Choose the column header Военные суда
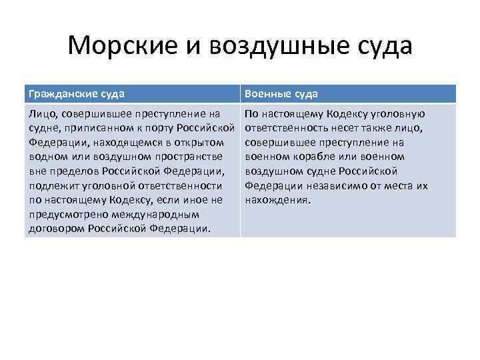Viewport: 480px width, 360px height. pos(281,94)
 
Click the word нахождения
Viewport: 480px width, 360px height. pos(277,199)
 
